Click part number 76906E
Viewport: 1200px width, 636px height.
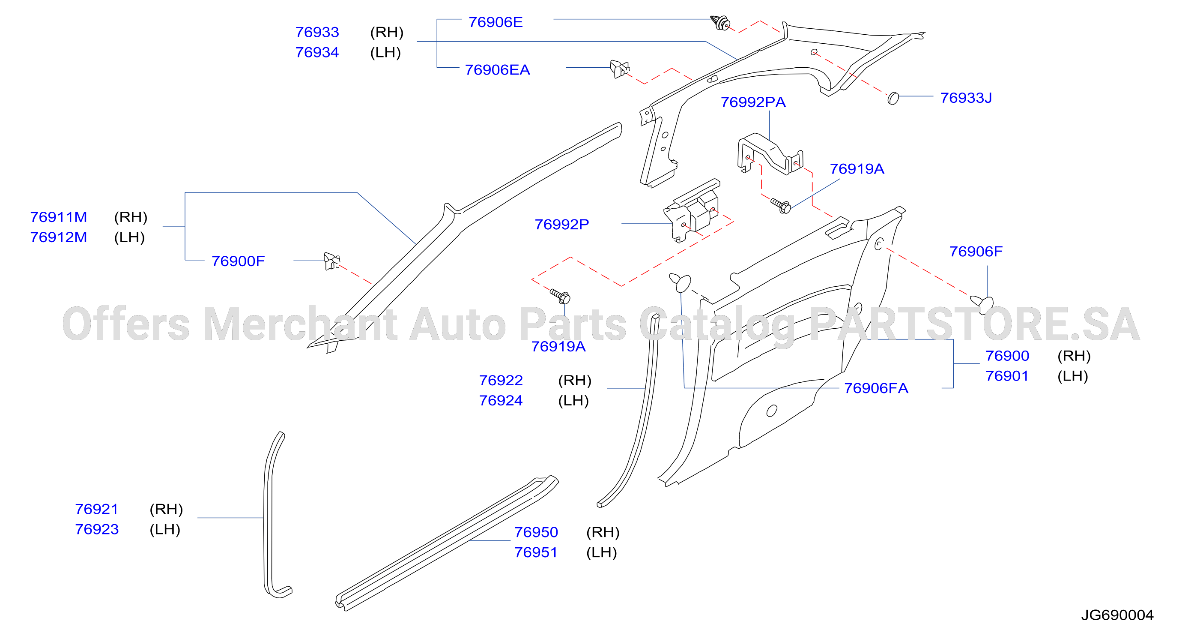point(495,22)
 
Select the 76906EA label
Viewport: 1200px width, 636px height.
point(497,69)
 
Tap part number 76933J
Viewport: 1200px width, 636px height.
point(966,98)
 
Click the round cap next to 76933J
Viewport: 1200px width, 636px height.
point(893,98)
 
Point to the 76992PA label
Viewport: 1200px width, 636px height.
point(753,102)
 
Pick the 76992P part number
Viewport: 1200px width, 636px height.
point(561,224)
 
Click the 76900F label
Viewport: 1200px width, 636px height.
point(238,261)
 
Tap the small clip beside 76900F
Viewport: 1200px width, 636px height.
point(331,261)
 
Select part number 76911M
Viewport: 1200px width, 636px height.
point(58,217)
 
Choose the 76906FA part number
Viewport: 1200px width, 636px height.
point(876,388)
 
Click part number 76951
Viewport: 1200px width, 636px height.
point(536,552)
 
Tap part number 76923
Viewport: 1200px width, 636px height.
point(96,529)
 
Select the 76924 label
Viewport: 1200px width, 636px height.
point(501,401)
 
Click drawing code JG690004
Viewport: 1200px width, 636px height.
point(1117,615)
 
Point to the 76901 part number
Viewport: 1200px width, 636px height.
point(1007,376)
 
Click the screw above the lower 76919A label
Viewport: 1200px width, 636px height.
point(560,296)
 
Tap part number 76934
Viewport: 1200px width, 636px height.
point(317,52)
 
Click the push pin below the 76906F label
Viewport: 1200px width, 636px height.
point(982,303)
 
